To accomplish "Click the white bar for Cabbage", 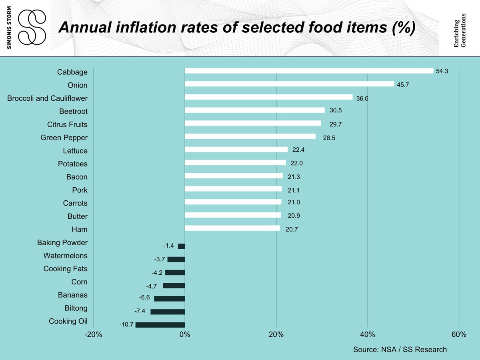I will coord(309,71).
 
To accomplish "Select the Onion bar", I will coord(289,84).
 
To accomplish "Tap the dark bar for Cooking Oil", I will coord(160,325).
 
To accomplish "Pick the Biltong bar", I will coord(168,312).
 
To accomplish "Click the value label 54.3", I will coord(442,71).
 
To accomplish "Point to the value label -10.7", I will coord(126,325).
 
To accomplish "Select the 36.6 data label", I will coord(362,98).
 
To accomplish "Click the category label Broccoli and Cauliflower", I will coord(47,98).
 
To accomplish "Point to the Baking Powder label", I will coord(62,243).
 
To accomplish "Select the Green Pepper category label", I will coord(64,138).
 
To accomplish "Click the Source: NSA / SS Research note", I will coord(400,350).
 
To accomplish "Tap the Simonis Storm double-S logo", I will coord(32,28).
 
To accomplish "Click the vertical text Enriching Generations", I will coord(460,30).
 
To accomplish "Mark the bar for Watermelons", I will coord(176,259).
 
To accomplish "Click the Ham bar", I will coord(232,228).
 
